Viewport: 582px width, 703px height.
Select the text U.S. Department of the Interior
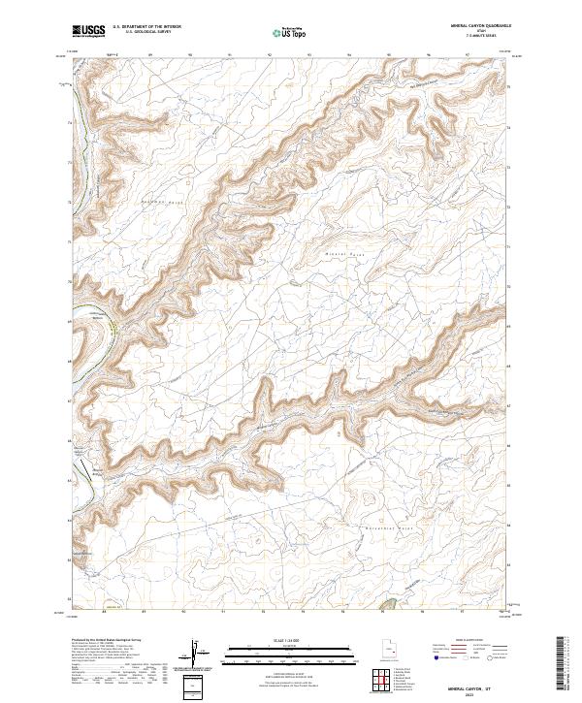coord(146,27)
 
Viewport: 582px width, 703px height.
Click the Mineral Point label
coord(336,252)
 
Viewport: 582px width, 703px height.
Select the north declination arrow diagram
coord(197,655)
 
